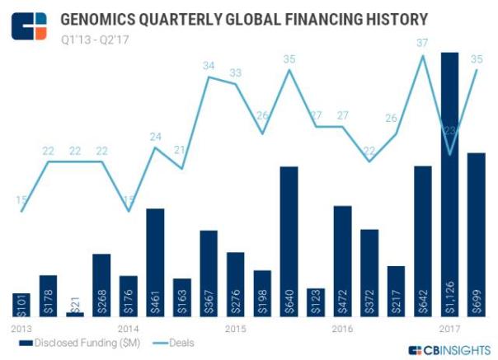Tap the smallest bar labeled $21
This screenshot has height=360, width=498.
coord(75,314)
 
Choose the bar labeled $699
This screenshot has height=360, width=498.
coord(477,235)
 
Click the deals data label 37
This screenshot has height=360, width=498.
coord(424,43)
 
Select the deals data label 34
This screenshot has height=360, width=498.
coord(209,65)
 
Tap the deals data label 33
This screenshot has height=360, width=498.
coord(235,72)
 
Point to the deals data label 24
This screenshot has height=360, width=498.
coord(156,136)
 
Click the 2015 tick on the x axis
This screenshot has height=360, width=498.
coord(235,329)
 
